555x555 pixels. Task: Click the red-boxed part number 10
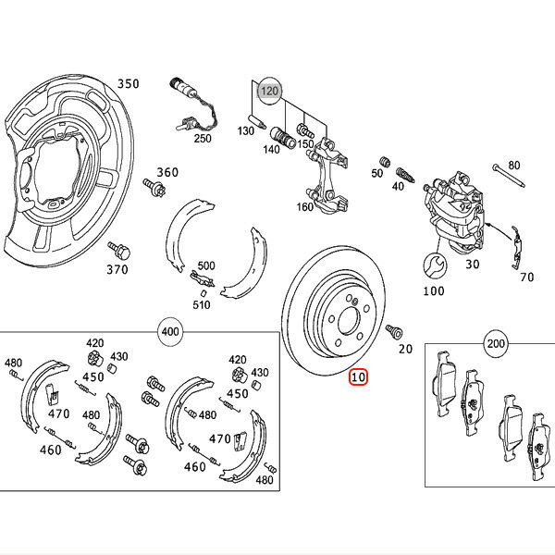[x=358, y=377]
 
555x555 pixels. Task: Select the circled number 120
[x=268, y=91]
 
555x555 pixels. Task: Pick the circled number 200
[x=496, y=344]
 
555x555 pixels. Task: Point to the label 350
[x=128, y=83]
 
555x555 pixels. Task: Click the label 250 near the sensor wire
[x=202, y=139]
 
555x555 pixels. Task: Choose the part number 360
[x=166, y=172]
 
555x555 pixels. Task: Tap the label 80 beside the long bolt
[x=514, y=166]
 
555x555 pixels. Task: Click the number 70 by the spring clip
[x=527, y=276]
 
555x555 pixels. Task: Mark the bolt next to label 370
[x=117, y=249]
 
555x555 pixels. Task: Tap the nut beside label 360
[x=157, y=191]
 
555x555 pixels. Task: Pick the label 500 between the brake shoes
[x=205, y=265]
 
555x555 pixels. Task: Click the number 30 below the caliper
[x=472, y=263]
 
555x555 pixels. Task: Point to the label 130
[x=245, y=131]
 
